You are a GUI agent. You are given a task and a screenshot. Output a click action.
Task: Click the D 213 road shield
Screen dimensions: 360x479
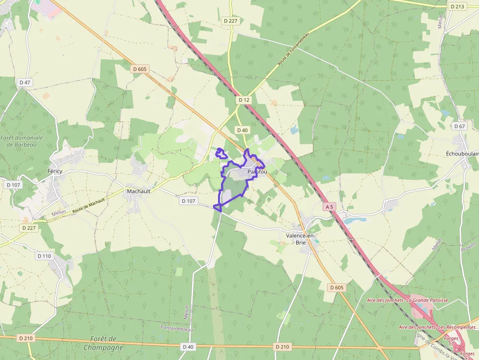pos(457,6)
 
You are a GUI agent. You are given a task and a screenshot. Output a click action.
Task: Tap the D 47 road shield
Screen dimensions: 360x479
pos(25,83)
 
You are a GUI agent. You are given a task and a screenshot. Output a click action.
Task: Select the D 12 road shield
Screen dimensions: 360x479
pos(244,100)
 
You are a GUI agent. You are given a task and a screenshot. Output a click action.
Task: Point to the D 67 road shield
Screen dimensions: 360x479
pos(459,126)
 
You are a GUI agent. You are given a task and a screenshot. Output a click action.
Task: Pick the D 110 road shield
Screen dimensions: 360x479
pos(44,256)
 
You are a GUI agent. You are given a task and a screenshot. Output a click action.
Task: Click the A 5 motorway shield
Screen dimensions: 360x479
pos(330,207)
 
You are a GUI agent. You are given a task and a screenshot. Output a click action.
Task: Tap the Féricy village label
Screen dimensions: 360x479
pos(55,171)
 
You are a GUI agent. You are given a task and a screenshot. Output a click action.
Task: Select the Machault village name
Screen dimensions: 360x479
pos(138,191)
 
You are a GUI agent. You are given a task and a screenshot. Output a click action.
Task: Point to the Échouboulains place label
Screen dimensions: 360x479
pos(462,153)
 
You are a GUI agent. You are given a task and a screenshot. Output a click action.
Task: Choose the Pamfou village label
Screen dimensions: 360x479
pos(257,172)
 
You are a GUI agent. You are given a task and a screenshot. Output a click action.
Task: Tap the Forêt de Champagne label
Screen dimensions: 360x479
pos(103,343)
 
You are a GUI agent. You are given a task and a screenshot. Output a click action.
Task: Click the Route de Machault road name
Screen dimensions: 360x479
pos(88,205)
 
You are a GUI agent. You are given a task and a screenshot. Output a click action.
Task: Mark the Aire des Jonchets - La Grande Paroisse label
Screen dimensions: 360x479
pos(407,300)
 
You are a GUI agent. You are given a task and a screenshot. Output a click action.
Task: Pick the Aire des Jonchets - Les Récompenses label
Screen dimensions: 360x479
pos(437,327)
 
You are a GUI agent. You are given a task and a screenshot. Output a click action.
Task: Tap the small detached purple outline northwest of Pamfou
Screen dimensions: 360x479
pos(222,153)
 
